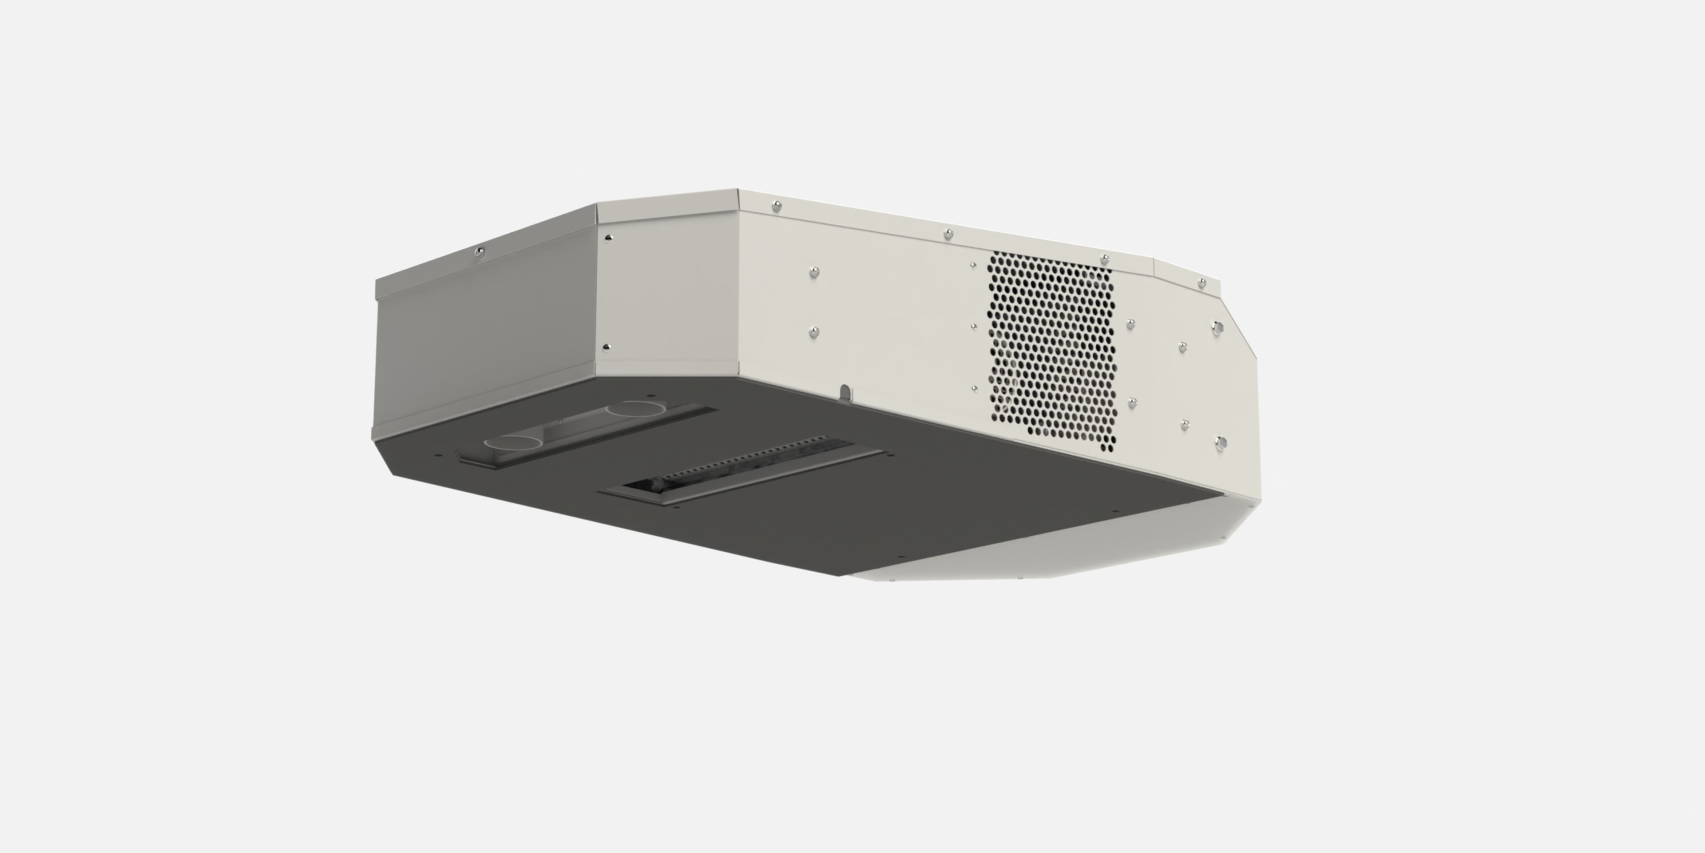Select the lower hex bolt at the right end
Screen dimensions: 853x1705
click(x=1221, y=442)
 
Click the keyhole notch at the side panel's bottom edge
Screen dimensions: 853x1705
click(x=845, y=393)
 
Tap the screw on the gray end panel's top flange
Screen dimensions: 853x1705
click(x=480, y=251)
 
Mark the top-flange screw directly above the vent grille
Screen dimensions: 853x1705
click(x=1105, y=259)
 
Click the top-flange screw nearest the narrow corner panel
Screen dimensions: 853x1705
click(x=777, y=207)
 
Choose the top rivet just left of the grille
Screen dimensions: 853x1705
click(x=973, y=266)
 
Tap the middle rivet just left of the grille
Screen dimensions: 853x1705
click(x=974, y=327)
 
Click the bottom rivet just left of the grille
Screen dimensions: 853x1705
click(x=974, y=389)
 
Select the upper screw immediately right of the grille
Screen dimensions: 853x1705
click(x=1130, y=324)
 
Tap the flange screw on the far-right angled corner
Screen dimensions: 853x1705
click(x=1202, y=283)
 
